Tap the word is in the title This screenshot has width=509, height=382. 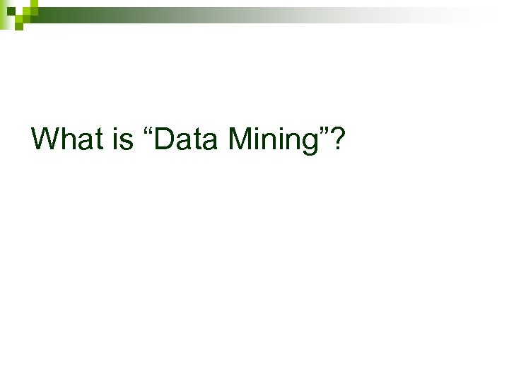(x=122, y=139)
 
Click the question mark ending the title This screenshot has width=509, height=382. (x=338, y=139)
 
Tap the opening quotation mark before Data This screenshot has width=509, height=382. (x=148, y=131)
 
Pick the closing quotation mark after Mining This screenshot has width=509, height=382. (x=323, y=131)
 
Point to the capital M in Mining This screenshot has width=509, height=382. (x=240, y=139)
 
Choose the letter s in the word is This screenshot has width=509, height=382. (x=127, y=141)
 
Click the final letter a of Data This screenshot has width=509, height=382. (x=210, y=141)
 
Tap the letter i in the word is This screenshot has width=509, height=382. (x=115, y=139)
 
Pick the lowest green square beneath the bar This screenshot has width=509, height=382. (x=20, y=27)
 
